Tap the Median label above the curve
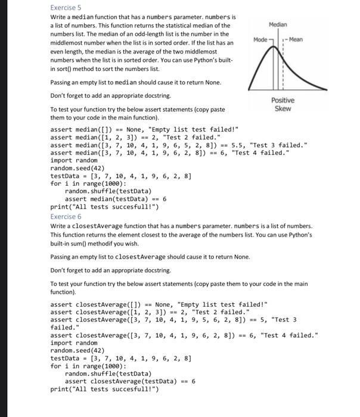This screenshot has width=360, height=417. [x=278, y=24]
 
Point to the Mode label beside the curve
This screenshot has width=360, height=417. [x=260, y=39]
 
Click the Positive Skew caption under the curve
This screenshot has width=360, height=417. [x=283, y=104]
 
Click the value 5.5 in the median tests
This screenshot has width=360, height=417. [x=238, y=145]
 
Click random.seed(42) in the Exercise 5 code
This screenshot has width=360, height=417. [x=77, y=168]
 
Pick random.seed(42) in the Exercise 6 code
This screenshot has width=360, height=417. [x=77, y=351]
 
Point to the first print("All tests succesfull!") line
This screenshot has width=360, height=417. [x=104, y=207]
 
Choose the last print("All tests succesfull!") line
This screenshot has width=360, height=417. [x=104, y=389]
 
